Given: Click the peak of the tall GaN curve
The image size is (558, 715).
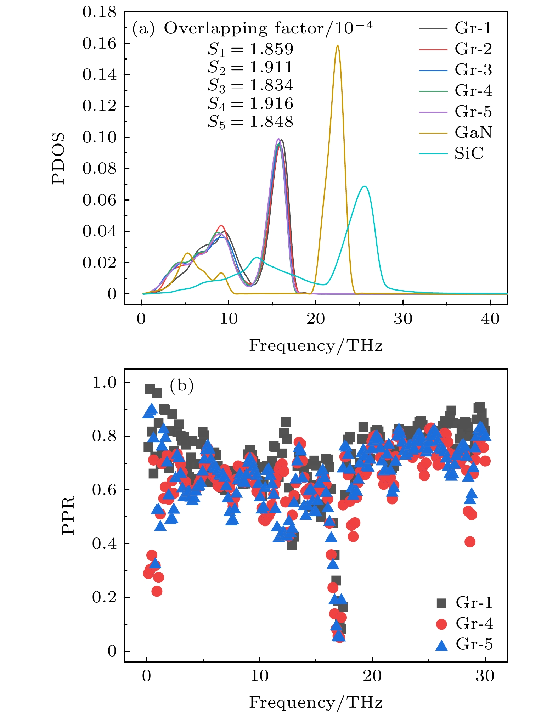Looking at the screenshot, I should click(x=337, y=46).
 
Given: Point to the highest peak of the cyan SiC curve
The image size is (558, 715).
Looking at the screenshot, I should click(x=364, y=186).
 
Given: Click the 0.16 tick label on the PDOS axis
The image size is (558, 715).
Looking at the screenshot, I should click(x=99, y=44).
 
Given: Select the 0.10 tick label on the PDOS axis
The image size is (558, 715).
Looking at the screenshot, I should click(x=99, y=137).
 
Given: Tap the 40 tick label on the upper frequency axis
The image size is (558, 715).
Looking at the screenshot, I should click(x=490, y=319).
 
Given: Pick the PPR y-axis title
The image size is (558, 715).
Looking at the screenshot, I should click(x=68, y=515).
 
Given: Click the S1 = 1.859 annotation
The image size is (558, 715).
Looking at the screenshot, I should click(x=250, y=49).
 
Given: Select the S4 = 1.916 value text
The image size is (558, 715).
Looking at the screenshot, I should click(x=250, y=104).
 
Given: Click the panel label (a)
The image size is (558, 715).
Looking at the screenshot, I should click(x=143, y=28).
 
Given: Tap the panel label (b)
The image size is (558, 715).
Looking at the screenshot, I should click(x=182, y=385).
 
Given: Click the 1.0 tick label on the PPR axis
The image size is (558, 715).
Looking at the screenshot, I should click(x=104, y=383).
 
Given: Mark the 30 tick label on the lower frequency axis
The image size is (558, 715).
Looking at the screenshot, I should click(x=485, y=676).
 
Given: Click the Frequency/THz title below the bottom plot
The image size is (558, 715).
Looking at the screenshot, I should click(x=316, y=702).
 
